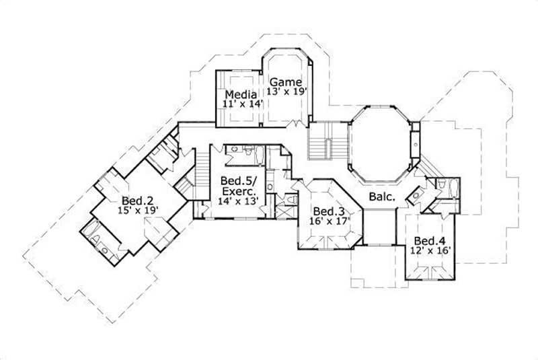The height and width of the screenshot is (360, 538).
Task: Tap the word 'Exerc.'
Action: (x=236, y=190)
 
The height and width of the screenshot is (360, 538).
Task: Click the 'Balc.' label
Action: (x=381, y=197)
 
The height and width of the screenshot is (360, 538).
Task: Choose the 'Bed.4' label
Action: (x=428, y=241)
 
